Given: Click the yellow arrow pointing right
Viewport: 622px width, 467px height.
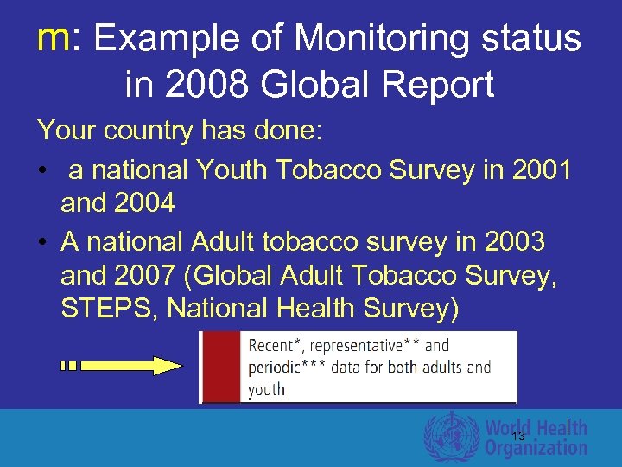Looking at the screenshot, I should click(x=130, y=366).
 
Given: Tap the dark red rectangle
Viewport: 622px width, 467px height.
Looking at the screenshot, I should click(x=221, y=368).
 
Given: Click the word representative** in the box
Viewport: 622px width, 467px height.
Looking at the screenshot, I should click(x=358, y=346).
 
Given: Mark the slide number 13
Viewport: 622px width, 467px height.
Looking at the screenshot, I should click(x=518, y=436).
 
